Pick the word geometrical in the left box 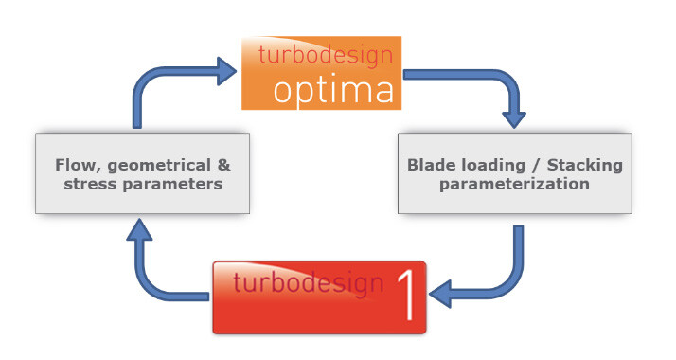click(x=153, y=165)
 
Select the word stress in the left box click(x=91, y=184)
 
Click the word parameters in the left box click(x=171, y=184)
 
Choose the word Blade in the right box click(x=432, y=165)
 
